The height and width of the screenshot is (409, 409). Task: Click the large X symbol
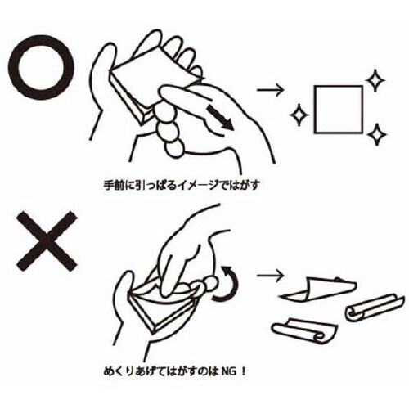[47, 241]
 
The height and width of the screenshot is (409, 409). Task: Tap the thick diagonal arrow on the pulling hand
[220, 118]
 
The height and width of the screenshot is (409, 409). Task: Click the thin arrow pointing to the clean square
[271, 90]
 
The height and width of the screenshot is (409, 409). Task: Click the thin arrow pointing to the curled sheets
[271, 276]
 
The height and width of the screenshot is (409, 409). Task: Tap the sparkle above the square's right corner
[375, 80]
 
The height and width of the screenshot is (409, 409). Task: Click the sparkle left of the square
[299, 115]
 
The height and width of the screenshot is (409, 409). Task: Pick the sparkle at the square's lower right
[376, 134]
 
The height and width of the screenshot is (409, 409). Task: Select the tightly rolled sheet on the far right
[374, 308]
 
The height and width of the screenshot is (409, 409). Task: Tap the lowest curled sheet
[305, 331]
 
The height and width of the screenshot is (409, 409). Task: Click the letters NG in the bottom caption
[229, 371]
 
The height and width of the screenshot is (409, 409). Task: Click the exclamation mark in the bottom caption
[244, 371]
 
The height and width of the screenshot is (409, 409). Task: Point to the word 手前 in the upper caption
[113, 186]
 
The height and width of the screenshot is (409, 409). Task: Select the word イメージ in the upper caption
[198, 186]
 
